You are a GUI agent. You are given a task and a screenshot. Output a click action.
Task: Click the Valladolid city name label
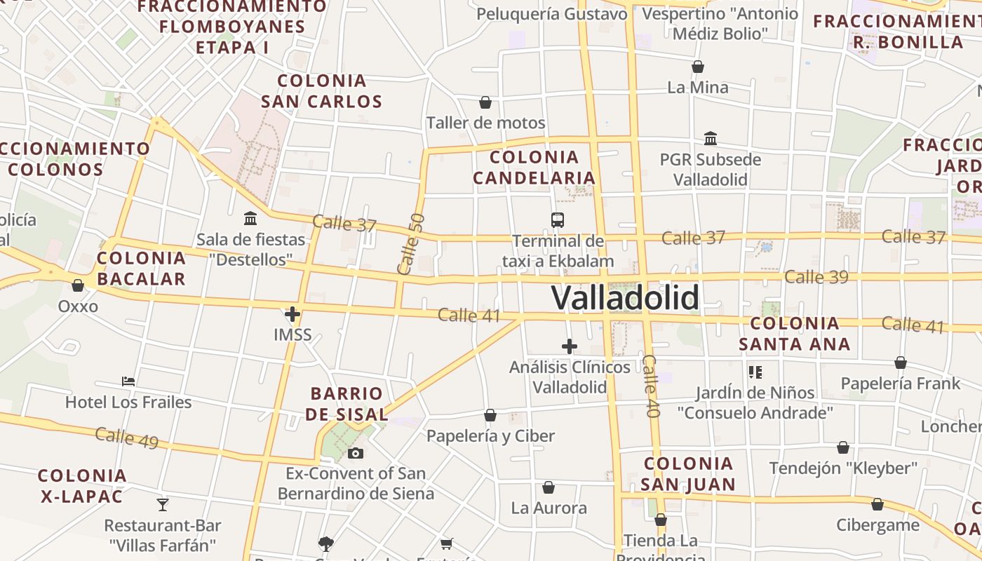point(625,297)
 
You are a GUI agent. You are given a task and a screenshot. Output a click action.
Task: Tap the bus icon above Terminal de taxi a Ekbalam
point(558,220)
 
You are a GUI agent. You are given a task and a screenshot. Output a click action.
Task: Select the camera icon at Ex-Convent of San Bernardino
point(356,453)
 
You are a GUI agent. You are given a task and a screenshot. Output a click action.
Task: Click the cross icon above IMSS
point(292,314)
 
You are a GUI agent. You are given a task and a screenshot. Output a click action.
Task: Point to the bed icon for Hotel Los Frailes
point(128,381)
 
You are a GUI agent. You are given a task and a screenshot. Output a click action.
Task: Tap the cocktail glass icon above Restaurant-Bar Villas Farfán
point(163,504)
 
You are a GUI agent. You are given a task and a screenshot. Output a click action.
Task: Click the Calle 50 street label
point(411,244)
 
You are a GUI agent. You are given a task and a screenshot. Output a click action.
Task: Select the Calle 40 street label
point(652,386)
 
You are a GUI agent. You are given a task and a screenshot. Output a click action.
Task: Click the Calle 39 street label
point(816,277)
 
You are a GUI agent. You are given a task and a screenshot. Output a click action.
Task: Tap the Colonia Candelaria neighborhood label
point(534,167)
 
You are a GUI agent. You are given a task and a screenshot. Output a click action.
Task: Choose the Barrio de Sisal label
point(347,403)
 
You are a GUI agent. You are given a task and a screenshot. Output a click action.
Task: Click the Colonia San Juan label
point(688,473)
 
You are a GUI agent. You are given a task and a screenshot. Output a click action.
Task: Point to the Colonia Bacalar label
point(142,268)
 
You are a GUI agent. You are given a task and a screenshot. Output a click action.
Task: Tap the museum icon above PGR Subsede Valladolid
point(711,138)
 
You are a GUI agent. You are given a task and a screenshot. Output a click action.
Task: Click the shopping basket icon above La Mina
point(698,67)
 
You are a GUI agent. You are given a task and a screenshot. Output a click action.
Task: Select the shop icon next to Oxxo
point(78,286)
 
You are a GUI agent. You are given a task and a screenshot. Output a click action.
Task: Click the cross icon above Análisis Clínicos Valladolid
point(570,346)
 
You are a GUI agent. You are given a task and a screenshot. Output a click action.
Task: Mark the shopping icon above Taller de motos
point(485,103)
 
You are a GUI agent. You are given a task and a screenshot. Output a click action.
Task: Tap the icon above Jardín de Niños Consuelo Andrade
point(755,372)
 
